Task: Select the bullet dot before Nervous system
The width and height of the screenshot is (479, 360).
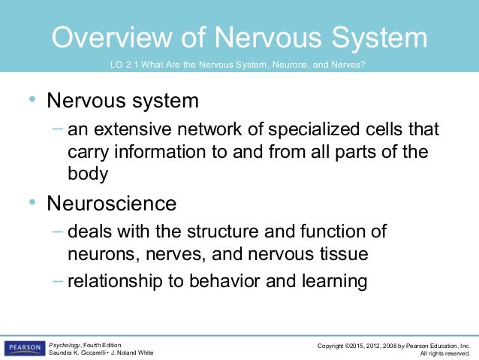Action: (x=32, y=98)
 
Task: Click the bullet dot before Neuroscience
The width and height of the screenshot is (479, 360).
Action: (x=32, y=202)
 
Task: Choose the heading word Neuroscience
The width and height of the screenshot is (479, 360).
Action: (x=112, y=203)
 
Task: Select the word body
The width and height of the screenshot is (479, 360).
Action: (x=88, y=174)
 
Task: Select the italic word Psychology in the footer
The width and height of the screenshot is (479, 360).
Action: (x=65, y=343)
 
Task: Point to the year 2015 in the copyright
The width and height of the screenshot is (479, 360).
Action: (x=360, y=344)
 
